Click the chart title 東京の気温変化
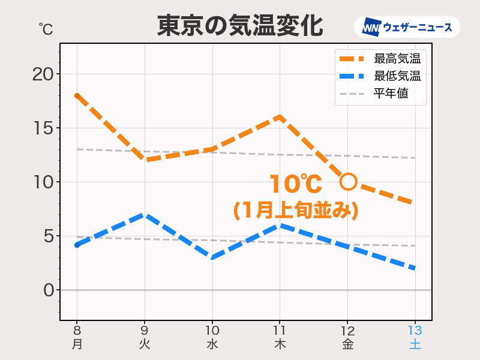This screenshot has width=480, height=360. click(240, 26)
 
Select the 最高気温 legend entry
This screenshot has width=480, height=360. click(380, 58)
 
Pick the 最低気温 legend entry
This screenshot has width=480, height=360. click(380, 76)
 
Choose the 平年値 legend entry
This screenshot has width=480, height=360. click(380, 94)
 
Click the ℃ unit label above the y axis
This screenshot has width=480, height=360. click(46, 28)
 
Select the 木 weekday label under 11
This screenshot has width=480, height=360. click(280, 345)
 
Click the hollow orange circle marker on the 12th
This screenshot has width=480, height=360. click(348, 181)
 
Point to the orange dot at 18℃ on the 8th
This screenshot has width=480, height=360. click(77, 95)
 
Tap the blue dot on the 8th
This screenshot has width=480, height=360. click(77, 245)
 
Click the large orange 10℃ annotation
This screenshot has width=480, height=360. click(295, 184)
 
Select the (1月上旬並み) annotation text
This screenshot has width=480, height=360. click(296, 210)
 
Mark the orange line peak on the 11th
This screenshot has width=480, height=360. click(280, 117)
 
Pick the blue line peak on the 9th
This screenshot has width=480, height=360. click(145, 214)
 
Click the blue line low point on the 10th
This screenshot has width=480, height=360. click(212, 257)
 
